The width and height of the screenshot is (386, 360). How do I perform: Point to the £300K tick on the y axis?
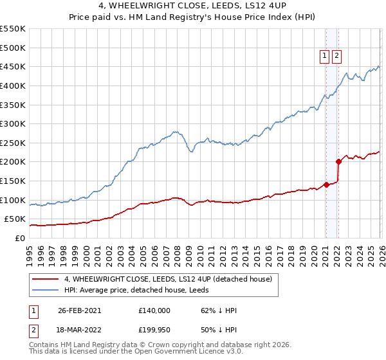click(13, 123)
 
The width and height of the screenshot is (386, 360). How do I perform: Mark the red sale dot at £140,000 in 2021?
click(326, 184)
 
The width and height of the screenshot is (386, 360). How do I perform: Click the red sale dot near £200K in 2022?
click(338, 162)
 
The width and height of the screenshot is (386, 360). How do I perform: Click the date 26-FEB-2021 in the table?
click(80, 310)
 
